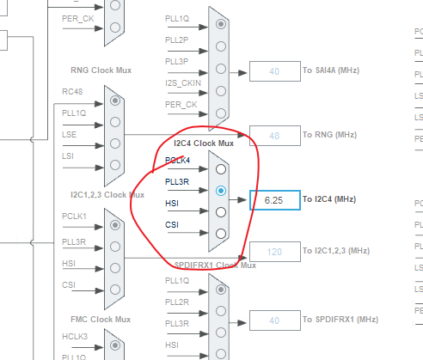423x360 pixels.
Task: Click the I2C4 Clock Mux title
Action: click(x=204, y=143)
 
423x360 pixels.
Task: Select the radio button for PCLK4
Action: click(x=221, y=168)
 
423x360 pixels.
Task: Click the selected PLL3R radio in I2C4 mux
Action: click(x=221, y=190)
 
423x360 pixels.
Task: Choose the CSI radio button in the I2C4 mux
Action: click(x=221, y=233)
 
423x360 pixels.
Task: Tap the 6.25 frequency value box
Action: click(x=274, y=199)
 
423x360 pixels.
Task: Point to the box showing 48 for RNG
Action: click(x=274, y=136)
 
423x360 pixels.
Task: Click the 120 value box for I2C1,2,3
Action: click(x=274, y=251)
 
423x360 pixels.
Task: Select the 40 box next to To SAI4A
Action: click(x=274, y=72)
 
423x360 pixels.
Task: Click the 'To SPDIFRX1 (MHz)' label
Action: click(x=340, y=320)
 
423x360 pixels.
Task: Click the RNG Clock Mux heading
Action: click(x=101, y=70)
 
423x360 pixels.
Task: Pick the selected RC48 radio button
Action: click(x=114, y=101)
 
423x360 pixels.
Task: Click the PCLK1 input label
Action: click(x=75, y=217)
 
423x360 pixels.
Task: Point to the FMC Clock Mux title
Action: click(x=101, y=319)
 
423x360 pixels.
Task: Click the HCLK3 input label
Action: click(x=75, y=337)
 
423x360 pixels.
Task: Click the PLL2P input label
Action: click(x=176, y=40)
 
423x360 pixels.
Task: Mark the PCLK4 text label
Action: click(x=177, y=160)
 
